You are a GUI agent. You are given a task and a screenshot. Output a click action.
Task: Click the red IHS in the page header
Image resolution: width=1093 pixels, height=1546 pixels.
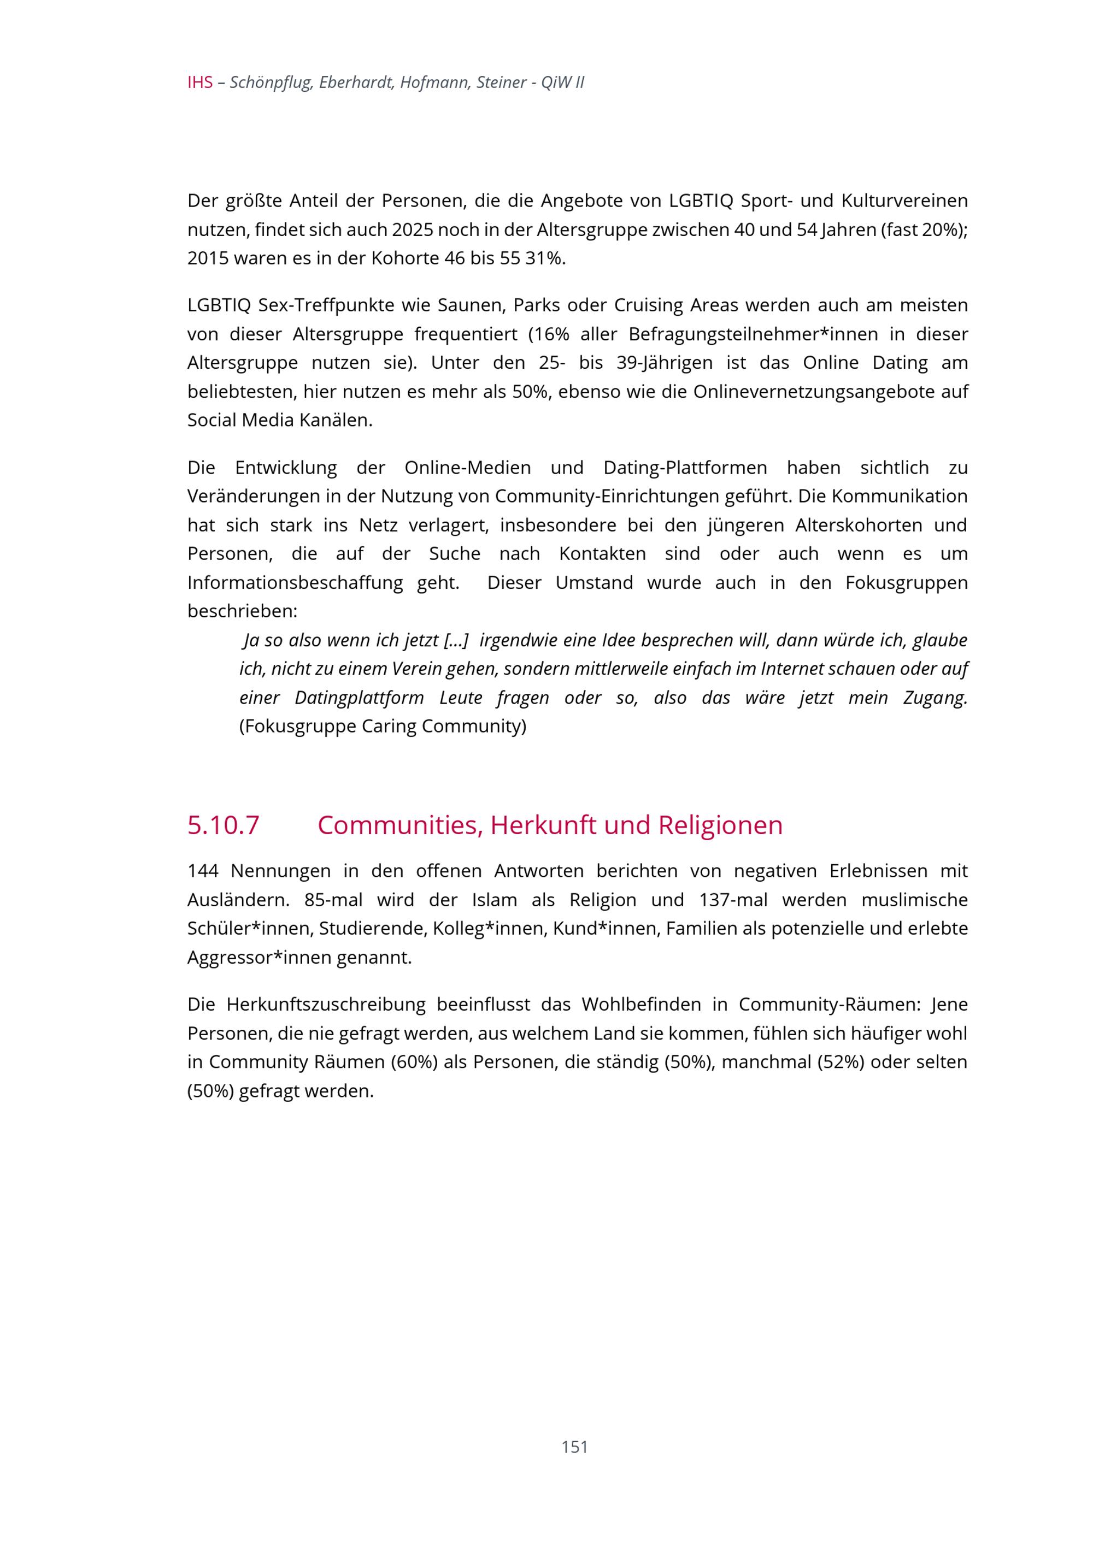pos(199,83)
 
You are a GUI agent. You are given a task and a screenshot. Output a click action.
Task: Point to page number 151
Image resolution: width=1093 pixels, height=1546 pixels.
pos(574,1447)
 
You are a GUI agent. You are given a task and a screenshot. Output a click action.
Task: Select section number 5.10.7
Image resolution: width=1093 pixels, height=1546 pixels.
pos(223,825)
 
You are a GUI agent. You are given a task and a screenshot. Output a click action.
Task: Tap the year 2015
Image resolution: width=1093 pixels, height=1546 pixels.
pos(208,258)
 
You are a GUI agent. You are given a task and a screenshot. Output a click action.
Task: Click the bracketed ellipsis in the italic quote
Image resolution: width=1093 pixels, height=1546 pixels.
pos(456,640)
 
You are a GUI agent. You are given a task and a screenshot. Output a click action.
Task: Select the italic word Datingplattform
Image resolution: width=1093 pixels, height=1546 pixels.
pos(359,698)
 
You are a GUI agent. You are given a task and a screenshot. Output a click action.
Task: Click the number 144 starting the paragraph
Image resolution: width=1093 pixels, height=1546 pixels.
pos(203,871)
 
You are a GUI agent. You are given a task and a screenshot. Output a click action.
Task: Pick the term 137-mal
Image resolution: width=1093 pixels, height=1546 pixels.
pos(733,900)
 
